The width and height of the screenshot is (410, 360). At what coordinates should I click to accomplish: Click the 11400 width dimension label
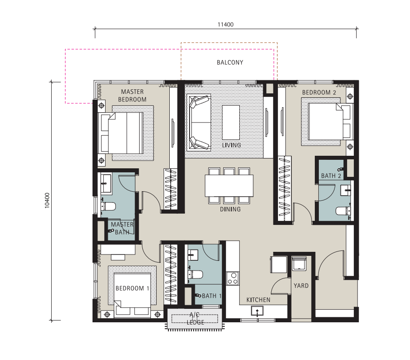225,25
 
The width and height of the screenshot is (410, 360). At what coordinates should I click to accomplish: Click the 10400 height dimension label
47,201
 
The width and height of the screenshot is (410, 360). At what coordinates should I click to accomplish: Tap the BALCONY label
230,62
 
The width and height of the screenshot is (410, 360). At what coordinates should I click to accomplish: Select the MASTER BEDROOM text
132,96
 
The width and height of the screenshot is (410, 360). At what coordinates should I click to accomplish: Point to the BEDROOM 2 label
319,92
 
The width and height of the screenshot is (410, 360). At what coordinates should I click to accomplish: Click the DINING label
230,209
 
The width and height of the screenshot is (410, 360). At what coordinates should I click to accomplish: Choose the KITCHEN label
258,300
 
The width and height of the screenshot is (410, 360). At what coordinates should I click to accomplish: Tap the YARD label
301,286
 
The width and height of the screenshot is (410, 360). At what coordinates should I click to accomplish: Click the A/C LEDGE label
195,318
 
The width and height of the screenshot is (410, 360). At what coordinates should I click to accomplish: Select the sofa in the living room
199,123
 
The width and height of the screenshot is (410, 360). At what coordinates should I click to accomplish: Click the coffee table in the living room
231,123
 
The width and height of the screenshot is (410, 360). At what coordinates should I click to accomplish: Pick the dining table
229,186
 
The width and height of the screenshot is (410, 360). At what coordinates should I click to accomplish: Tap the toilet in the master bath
108,206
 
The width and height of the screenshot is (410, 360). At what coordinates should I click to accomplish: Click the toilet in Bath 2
343,211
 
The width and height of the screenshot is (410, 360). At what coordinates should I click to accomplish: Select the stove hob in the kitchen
233,278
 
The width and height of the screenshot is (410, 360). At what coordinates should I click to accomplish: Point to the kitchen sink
257,311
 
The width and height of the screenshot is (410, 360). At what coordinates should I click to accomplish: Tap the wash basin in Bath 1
193,255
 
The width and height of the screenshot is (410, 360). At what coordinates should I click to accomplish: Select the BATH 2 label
331,176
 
